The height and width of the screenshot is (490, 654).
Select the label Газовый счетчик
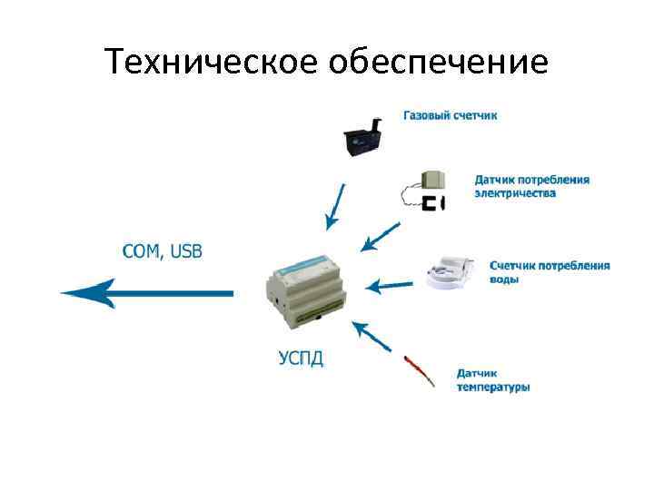pyautogui.click(x=451, y=115)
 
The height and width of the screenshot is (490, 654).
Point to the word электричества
pyautogui.click(x=515, y=193)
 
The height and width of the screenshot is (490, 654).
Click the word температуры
pyautogui.click(x=493, y=387)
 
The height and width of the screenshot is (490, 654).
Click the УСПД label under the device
pyautogui.click(x=300, y=357)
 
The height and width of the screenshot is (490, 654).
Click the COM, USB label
pyautogui.click(x=163, y=251)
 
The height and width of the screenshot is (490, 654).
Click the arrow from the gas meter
pyautogui.click(x=334, y=207)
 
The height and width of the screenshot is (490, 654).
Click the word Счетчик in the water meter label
pyautogui.click(x=512, y=266)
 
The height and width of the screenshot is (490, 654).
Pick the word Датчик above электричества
pyautogui.click(x=496, y=180)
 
